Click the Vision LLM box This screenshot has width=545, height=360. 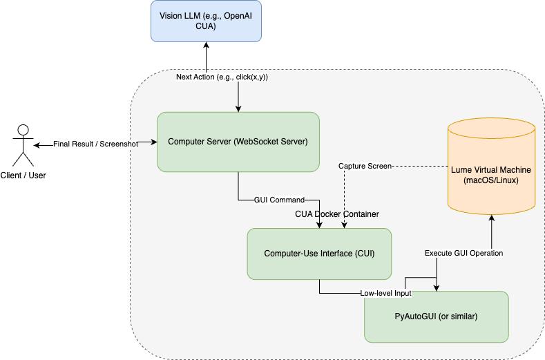(x=205, y=21)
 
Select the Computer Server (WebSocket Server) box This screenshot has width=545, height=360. (x=238, y=142)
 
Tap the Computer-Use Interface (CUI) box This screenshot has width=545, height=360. (x=319, y=254)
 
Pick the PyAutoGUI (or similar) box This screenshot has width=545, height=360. (x=436, y=316)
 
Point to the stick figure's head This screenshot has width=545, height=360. (x=23, y=129)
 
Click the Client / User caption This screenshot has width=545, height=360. (x=23, y=176)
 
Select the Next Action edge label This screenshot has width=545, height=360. (x=222, y=77)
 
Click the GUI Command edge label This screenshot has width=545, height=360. (x=279, y=200)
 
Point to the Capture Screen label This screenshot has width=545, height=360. (x=365, y=167)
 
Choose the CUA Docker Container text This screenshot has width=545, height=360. (x=337, y=214)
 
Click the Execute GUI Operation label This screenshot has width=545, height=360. (x=463, y=253)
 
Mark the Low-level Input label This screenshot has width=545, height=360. (x=385, y=293)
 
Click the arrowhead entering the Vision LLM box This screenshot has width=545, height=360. (x=205, y=46)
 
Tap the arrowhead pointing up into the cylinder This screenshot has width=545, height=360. (x=492, y=218)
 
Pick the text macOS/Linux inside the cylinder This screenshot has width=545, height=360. (x=492, y=180)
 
